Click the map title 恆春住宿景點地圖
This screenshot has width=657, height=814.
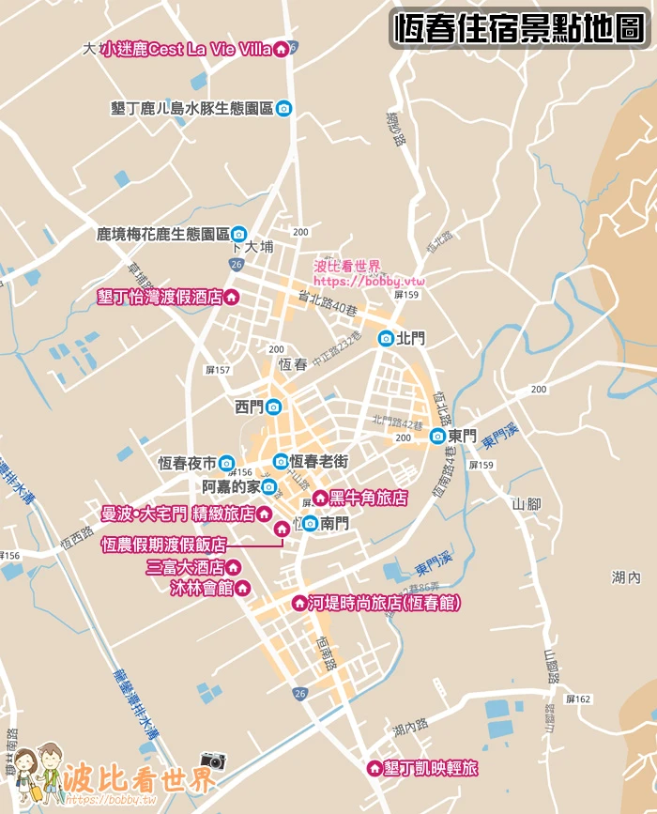click(x=519, y=28)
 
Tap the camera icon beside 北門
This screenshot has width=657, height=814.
click(x=386, y=338)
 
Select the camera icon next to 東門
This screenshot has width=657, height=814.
click(x=437, y=436)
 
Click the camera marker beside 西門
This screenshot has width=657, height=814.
click(x=273, y=407)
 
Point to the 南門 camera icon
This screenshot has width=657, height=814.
click(x=310, y=523)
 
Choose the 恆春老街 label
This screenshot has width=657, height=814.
click(x=319, y=461)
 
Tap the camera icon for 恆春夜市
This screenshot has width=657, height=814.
click(x=226, y=463)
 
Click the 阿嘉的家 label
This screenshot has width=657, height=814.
click(x=231, y=486)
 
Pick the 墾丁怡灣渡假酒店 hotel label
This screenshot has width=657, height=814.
click(x=160, y=297)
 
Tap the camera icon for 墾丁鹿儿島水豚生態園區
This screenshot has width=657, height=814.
click(x=283, y=108)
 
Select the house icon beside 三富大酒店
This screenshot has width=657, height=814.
click(x=234, y=567)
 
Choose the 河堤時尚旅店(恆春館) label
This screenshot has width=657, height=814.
click(x=385, y=603)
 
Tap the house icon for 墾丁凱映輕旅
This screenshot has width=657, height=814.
click(x=374, y=768)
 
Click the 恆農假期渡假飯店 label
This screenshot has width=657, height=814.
click(x=164, y=544)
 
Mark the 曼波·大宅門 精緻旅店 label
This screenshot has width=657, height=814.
click(x=178, y=514)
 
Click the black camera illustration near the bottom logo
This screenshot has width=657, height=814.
click(x=213, y=761)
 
